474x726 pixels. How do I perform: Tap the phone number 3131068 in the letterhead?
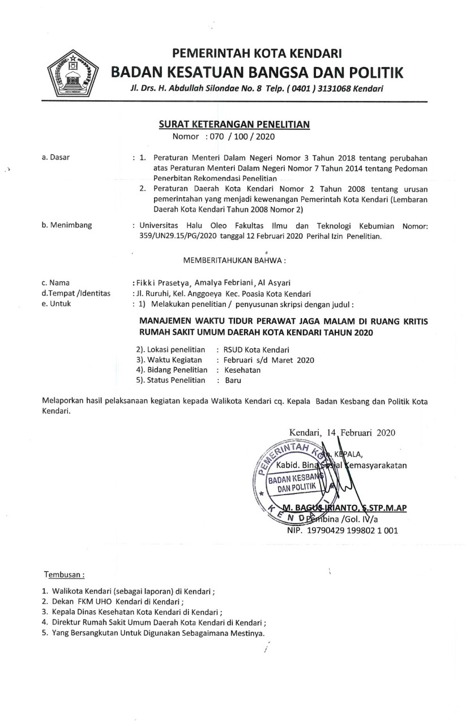coord(334,89)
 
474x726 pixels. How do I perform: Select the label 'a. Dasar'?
coord(55,157)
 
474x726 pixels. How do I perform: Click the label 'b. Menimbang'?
coord(67,226)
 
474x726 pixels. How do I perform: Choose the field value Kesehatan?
coord(242,370)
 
